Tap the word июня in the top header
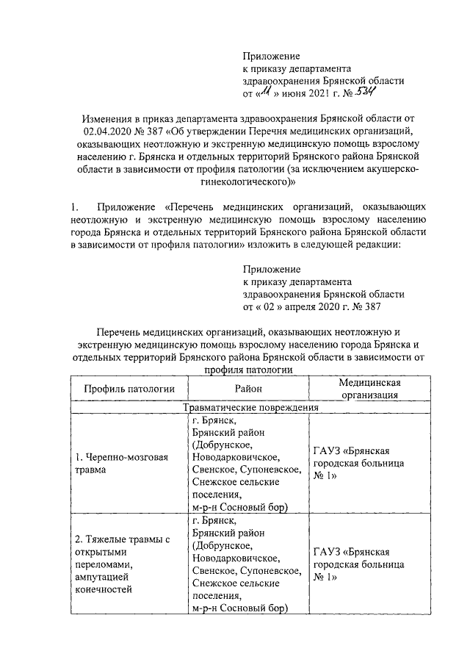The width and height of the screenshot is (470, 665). click(295, 95)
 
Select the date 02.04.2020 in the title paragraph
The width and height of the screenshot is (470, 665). click(107, 130)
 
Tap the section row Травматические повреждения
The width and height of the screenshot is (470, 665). click(250, 406)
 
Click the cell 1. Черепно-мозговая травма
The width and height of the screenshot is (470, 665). click(123, 463)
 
